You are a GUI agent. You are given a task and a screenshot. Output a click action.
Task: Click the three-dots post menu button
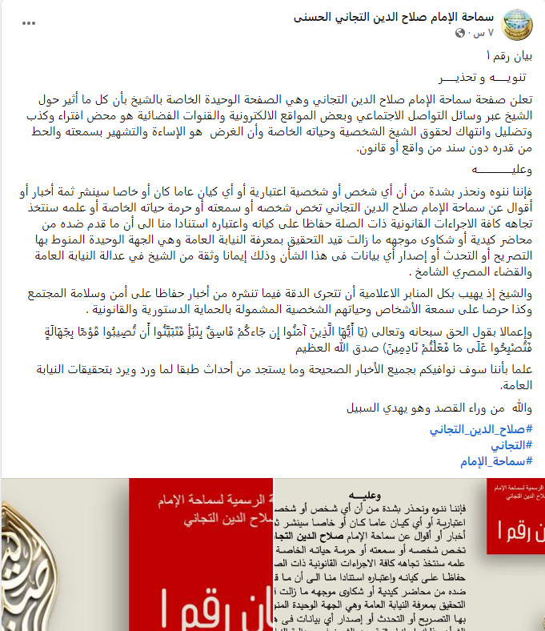[29, 23]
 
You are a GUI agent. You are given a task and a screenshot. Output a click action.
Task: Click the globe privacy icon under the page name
[460, 34]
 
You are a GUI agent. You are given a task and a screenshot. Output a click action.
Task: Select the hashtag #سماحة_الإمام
[496, 461]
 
